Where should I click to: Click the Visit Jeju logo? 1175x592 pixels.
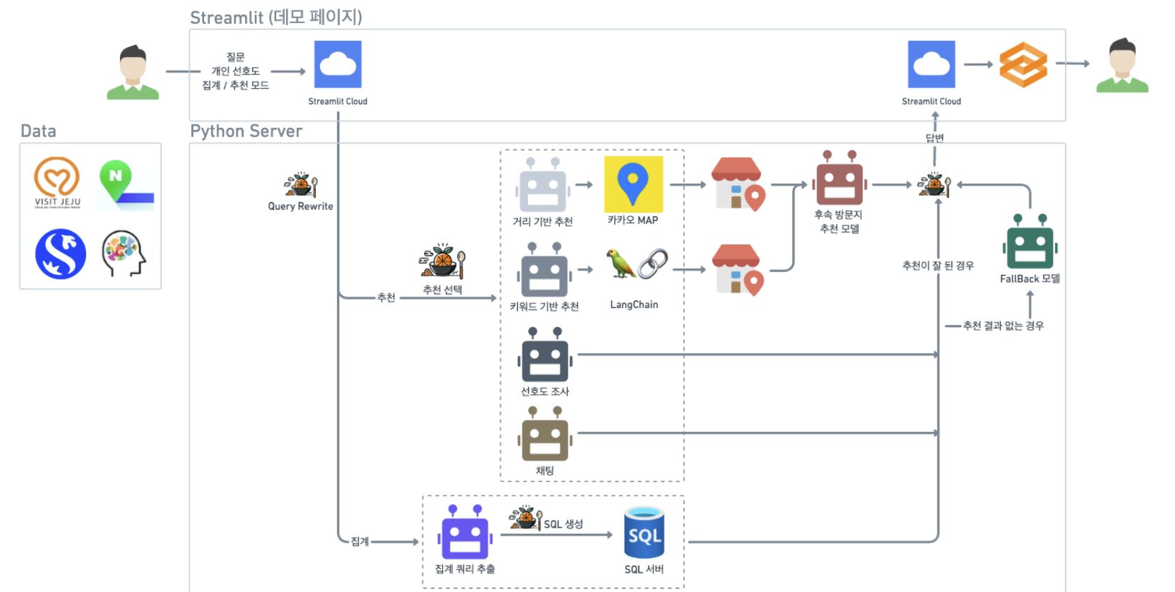58,182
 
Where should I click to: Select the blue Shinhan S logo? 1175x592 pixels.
60,254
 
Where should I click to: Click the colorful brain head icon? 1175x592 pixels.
123,253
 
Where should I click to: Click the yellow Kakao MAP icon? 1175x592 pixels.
633,184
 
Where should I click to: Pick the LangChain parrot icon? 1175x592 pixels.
621,264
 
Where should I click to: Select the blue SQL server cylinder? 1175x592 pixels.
644,533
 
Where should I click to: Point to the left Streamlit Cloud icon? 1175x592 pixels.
338,64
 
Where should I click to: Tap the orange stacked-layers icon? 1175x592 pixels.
1023,64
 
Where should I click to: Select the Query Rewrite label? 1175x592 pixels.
300,206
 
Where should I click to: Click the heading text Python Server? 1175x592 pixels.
246,131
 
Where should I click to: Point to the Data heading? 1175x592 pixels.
38,131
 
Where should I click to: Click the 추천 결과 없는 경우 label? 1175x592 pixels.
1003,326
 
